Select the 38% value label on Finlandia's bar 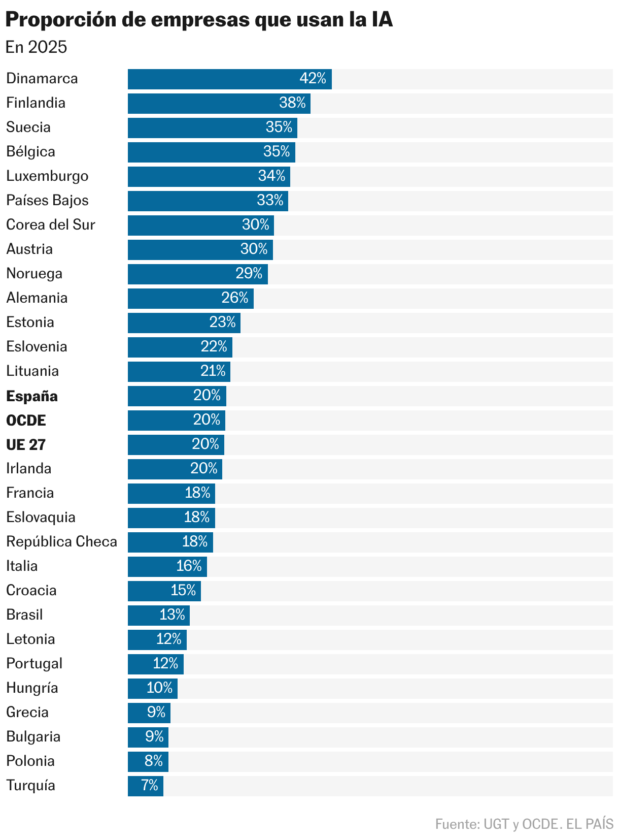(292, 103)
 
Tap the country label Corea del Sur (51, 224)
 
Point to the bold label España (32, 396)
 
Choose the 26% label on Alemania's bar (235, 298)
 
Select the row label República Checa (61, 541)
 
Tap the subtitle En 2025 (36, 47)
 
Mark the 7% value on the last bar (150, 785)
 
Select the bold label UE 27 (26, 445)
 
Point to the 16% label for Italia (189, 566)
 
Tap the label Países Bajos (47, 201)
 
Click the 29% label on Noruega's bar (249, 274)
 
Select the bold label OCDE (26, 421)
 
